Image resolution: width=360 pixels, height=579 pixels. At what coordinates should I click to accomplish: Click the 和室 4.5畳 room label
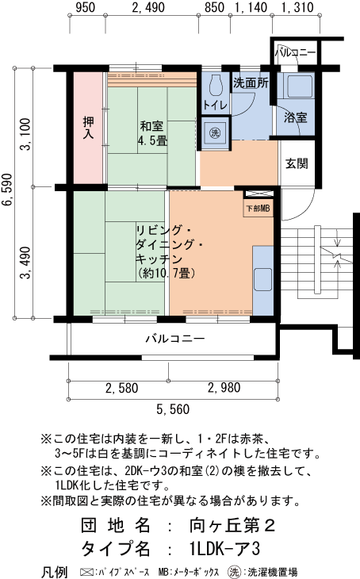pos(152,133)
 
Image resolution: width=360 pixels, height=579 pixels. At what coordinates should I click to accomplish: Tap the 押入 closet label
pos(89,128)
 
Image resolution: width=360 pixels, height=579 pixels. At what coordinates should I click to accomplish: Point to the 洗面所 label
pos(249,82)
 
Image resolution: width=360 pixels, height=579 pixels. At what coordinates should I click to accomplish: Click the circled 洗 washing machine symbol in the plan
pos(215,132)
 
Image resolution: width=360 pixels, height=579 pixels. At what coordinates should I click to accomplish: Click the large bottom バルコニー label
pos(175,339)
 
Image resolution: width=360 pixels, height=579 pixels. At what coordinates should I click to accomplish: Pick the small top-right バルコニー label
pos(296,52)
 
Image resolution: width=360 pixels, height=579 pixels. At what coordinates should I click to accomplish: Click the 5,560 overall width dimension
pos(173,409)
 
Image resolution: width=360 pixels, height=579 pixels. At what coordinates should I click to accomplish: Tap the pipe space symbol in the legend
pos(86,571)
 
